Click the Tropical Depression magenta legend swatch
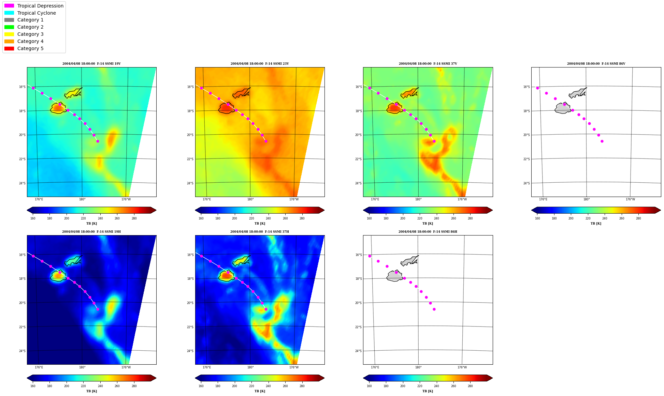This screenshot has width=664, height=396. pos(9,6)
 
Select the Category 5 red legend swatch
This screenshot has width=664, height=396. pos(9,48)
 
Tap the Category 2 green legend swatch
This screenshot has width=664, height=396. pos(9,27)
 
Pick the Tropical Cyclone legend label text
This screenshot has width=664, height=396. pos(37,13)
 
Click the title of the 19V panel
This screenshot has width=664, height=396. pos(91,64)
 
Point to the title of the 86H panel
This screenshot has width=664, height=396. pos(428,232)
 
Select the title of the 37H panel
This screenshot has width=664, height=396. pos(260,232)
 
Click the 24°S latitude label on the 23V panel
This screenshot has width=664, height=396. pos(190,183)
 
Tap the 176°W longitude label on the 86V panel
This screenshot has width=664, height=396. pos(630,199)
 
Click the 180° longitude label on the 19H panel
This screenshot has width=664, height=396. pos(82,367)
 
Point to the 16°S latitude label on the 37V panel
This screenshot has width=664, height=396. pos(358,87)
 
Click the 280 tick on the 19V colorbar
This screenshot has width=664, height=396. pos(134,218)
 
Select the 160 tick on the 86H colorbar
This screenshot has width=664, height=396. pos(369,386)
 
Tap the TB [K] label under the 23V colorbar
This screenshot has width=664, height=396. pos(260,224)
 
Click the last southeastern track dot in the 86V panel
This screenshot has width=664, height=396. pos(602,141)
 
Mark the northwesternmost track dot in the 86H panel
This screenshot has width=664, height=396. pos(370,256)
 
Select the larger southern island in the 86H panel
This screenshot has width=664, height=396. pos(394,276)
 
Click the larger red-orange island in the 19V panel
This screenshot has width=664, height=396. pos(58,108)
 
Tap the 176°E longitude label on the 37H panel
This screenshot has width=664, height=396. pos(207,367)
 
